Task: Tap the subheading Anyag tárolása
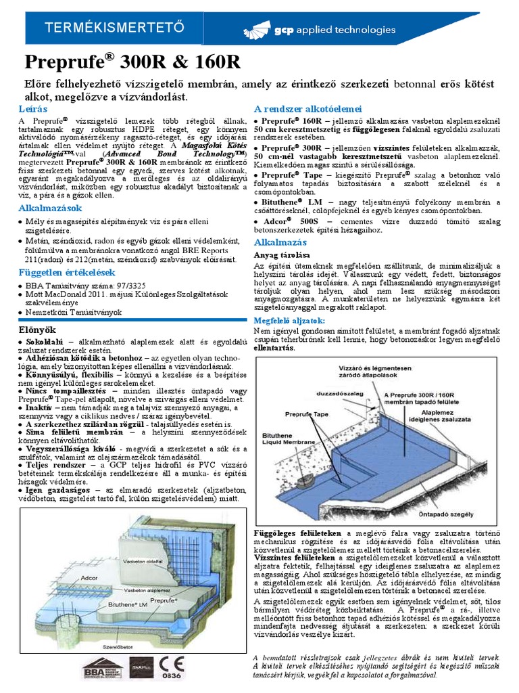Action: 281,255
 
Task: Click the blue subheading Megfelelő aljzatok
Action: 289,319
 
